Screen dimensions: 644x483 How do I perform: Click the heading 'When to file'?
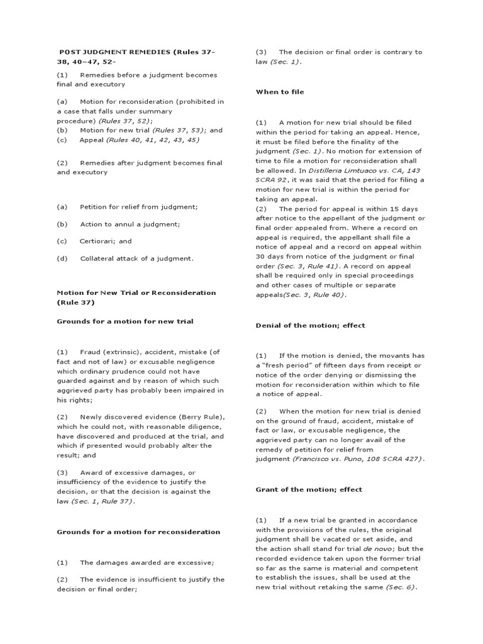(279, 92)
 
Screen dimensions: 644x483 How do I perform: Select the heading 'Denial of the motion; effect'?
(310, 325)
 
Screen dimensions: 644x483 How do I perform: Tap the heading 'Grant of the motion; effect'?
(308, 489)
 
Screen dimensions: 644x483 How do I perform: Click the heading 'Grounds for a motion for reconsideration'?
(138, 531)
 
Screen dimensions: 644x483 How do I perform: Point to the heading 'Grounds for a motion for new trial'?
(125, 321)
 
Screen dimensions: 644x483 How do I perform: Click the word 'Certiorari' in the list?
(96, 241)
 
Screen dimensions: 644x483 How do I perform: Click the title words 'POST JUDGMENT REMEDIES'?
(115, 52)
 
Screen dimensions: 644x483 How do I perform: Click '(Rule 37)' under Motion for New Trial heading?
(75, 302)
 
